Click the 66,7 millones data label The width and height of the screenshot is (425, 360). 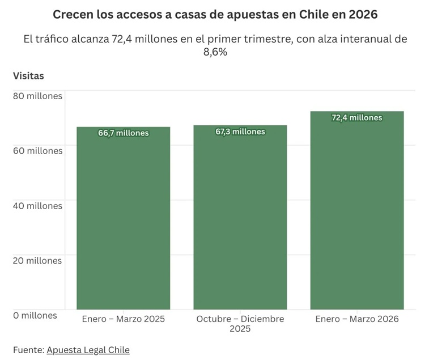click(x=123, y=133)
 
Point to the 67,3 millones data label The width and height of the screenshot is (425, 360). click(x=240, y=132)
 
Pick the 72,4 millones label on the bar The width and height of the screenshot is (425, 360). click(x=357, y=118)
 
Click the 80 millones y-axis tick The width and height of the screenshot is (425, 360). click(x=37, y=96)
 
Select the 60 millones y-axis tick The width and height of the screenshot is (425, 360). click(x=37, y=151)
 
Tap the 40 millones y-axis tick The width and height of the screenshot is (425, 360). click(x=37, y=206)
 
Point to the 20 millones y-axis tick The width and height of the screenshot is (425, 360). click(x=37, y=261)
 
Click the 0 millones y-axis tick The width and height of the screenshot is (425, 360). click(x=35, y=315)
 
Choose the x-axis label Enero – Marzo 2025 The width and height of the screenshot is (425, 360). click(x=123, y=319)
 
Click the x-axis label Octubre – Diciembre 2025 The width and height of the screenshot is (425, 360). click(x=240, y=324)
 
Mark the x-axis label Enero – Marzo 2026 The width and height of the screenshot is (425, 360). click(x=357, y=319)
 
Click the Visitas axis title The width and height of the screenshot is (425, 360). click(x=28, y=75)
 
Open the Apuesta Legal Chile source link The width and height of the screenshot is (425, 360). click(x=88, y=350)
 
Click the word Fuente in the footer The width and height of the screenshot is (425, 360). click(x=28, y=350)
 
